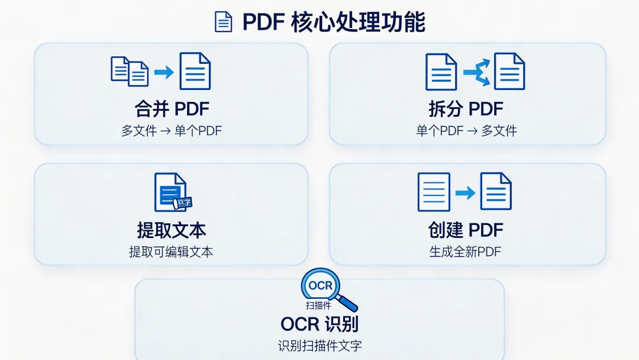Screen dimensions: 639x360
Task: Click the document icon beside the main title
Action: [x=223, y=21]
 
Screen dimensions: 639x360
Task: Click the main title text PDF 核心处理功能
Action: [x=334, y=22]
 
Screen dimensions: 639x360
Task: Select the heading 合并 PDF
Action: [x=172, y=109]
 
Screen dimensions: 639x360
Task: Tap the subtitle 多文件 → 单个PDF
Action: [x=172, y=131]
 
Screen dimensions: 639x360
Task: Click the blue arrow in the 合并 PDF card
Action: [x=164, y=72]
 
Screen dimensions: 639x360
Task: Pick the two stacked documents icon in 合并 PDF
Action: [x=130, y=71]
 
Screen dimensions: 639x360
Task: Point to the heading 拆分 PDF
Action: [x=466, y=109]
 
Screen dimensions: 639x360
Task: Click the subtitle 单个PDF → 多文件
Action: [x=466, y=131]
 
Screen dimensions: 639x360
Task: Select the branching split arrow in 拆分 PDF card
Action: [x=476, y=72]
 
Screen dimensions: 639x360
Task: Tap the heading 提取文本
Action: [x=172, y=230]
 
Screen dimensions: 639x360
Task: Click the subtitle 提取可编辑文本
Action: [x=172, y=252]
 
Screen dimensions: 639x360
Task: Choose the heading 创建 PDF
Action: [x=466, y=230]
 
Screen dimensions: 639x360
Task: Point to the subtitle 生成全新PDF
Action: [x=466, y=252]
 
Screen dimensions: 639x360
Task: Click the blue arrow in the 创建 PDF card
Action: [x=465, y=192]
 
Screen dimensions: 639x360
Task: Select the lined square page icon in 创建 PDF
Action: [x=434, y=192]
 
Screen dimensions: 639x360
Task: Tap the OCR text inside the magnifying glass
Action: [x=321, y=287]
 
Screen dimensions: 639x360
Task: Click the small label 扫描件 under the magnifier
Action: [x=318, y=306]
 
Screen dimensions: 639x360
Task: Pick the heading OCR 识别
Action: [x=319, y=324]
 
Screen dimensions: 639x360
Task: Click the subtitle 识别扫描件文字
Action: [x=319, y=346]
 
